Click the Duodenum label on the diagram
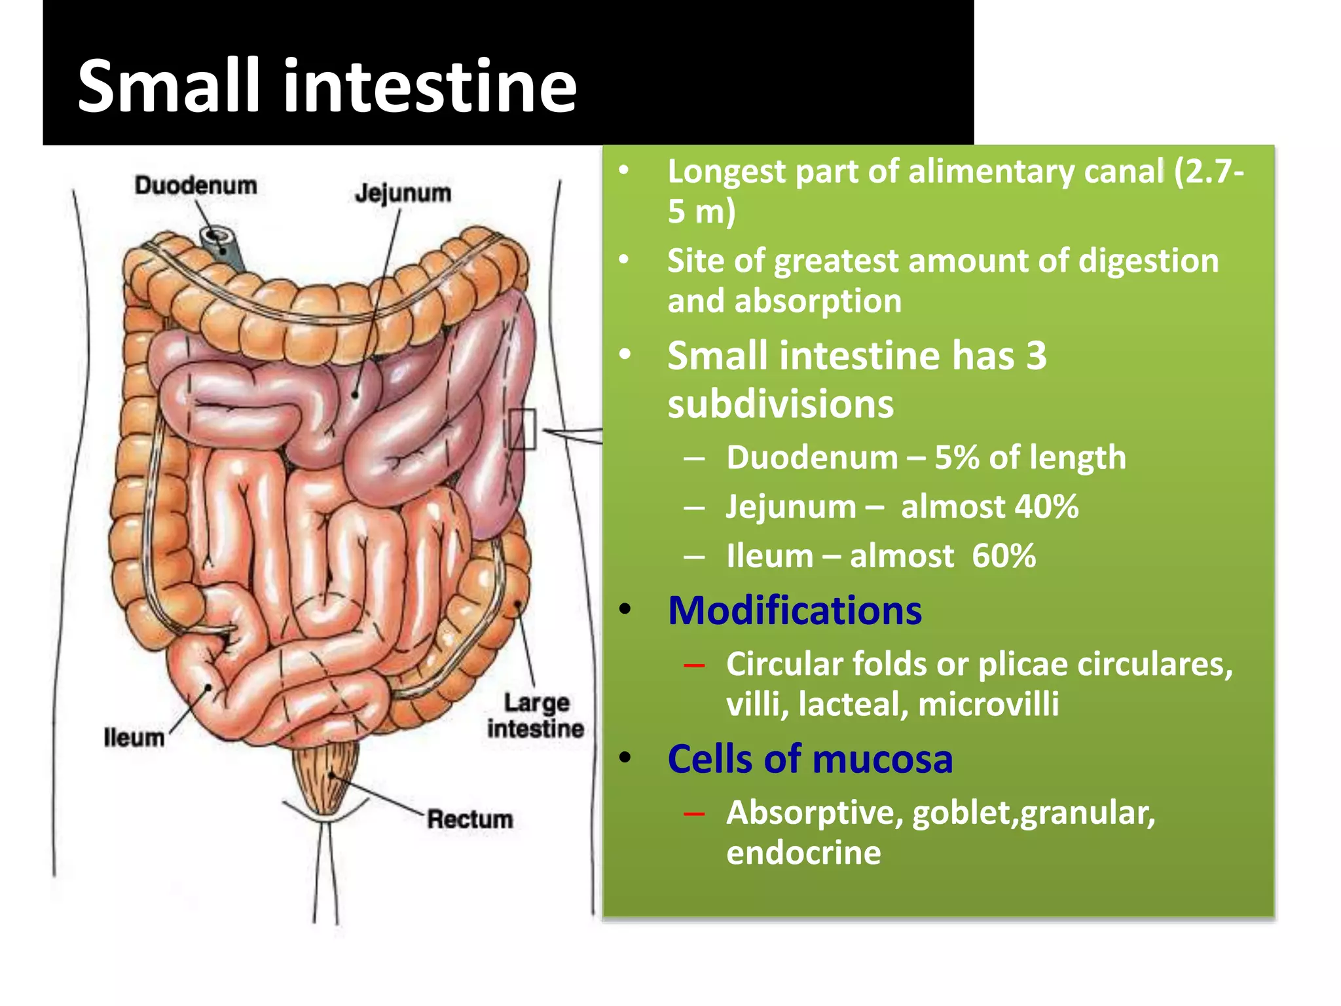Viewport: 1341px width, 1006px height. pos(196,185)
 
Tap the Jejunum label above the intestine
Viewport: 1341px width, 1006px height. pos(403,193)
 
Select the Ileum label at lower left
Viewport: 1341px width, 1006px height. pos(134,737)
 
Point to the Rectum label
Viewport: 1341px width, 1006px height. pos(469,819)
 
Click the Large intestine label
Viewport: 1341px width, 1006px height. pos(535,716)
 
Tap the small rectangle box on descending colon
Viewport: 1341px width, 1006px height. pos(522,429)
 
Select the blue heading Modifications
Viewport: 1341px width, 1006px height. pos(794,611)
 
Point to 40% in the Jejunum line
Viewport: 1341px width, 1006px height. pos(1046,507)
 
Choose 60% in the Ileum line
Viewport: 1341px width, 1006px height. pos(1003,556)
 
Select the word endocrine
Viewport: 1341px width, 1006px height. pos(803,853)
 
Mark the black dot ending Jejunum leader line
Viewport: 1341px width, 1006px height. pos(355,395)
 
